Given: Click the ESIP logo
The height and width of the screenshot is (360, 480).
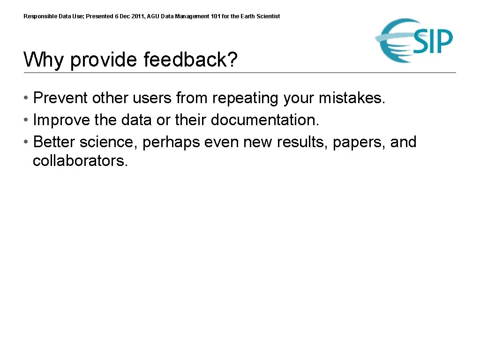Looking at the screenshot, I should point(414,40).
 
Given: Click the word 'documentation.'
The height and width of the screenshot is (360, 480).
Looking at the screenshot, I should point(265,120).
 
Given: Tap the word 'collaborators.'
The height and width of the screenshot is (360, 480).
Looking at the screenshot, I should point(80,161).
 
